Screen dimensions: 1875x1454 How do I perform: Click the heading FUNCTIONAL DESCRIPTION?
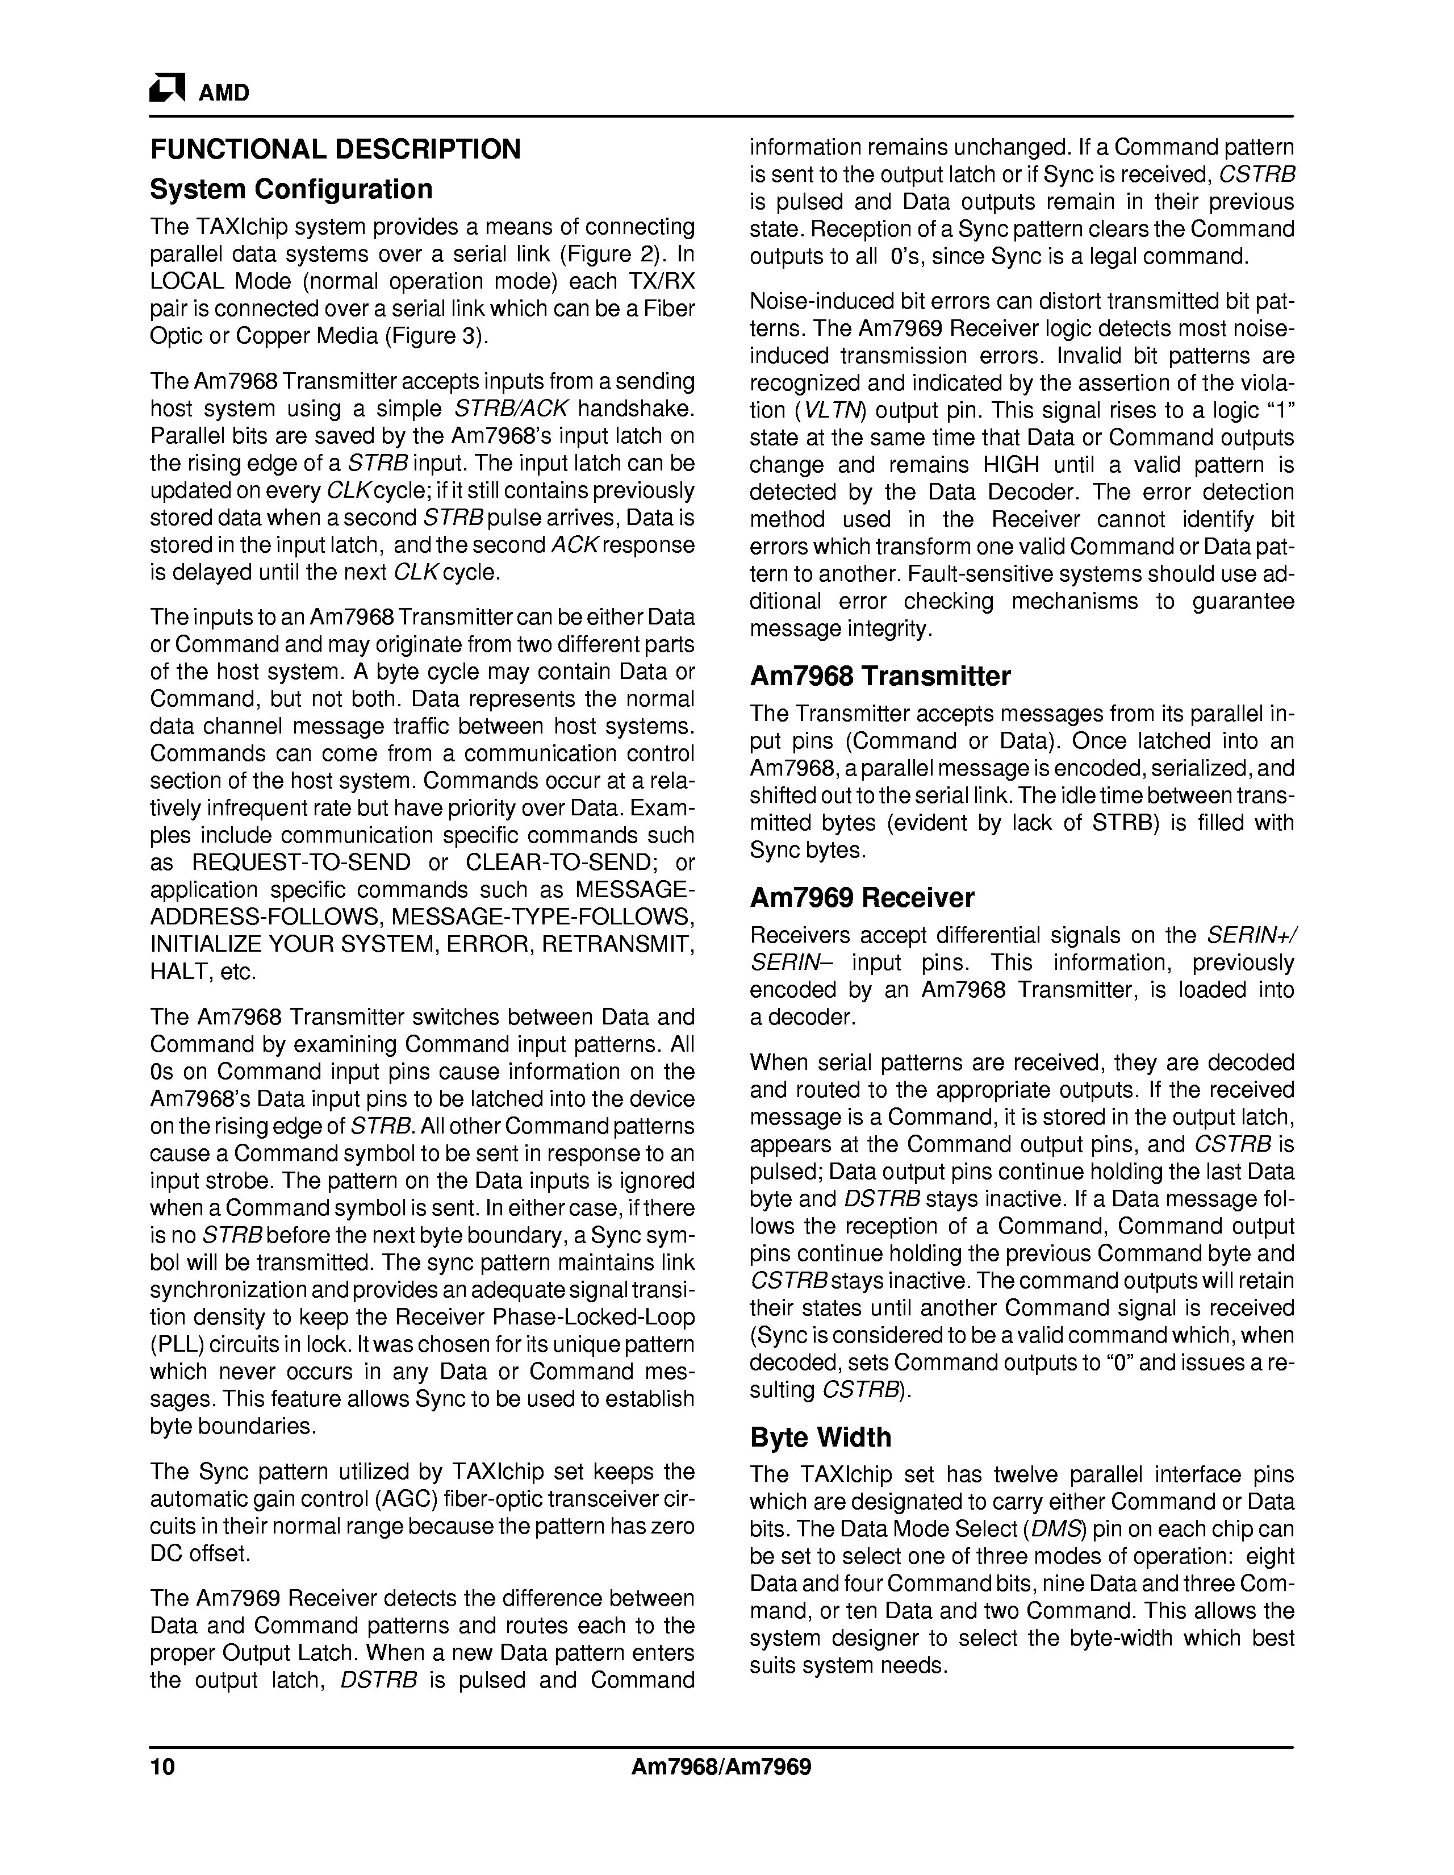click(336, 149)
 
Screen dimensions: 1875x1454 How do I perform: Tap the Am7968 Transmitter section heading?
click(880, 677)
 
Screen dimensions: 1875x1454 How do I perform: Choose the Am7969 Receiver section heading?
click(862, 898)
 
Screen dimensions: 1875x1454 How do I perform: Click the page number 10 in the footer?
click(162, 1768)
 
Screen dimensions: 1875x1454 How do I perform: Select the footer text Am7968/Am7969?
click(721, 1768)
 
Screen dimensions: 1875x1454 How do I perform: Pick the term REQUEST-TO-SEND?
click(301, 863)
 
